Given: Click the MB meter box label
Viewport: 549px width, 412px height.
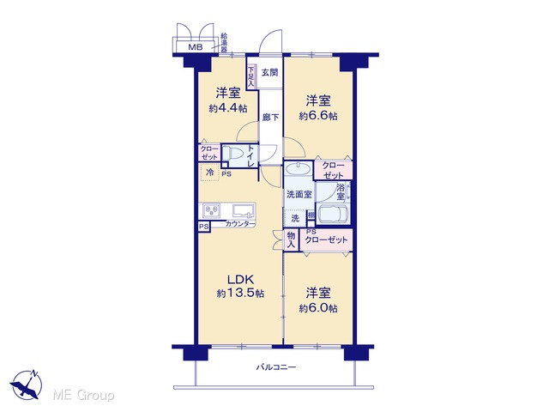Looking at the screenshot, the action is [196, 47].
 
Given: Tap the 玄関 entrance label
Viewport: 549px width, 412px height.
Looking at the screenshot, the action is [270, 72].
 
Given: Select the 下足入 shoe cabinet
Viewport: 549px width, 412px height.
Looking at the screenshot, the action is [251, 77].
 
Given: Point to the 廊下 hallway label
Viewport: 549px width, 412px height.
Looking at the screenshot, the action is [271, 118].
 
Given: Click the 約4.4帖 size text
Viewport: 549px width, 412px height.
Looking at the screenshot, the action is [228, 108].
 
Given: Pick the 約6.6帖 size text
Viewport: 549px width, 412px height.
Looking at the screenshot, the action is [318, 116].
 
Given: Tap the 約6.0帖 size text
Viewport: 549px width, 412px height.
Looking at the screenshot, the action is [318, 308].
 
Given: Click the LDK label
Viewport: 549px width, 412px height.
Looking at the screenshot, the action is [240, 279].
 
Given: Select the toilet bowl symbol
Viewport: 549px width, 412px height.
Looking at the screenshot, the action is [233, 153].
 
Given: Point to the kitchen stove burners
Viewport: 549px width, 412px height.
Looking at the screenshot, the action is [212, 210].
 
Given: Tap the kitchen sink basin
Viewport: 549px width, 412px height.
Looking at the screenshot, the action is [243, 210].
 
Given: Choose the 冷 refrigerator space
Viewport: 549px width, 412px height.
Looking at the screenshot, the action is [209, 172].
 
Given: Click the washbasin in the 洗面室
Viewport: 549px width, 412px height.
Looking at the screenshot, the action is [298, 169].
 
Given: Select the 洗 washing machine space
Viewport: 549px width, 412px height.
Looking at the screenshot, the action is [295, 218].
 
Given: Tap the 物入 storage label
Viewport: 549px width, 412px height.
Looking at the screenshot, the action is [291, 240].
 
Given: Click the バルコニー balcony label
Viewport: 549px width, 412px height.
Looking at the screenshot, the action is [276, 367].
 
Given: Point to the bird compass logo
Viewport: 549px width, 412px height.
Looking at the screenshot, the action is [26, 385].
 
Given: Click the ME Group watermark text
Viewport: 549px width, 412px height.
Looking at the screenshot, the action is [83, 395].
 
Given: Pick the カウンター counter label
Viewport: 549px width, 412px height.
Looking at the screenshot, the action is [240, 224].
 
